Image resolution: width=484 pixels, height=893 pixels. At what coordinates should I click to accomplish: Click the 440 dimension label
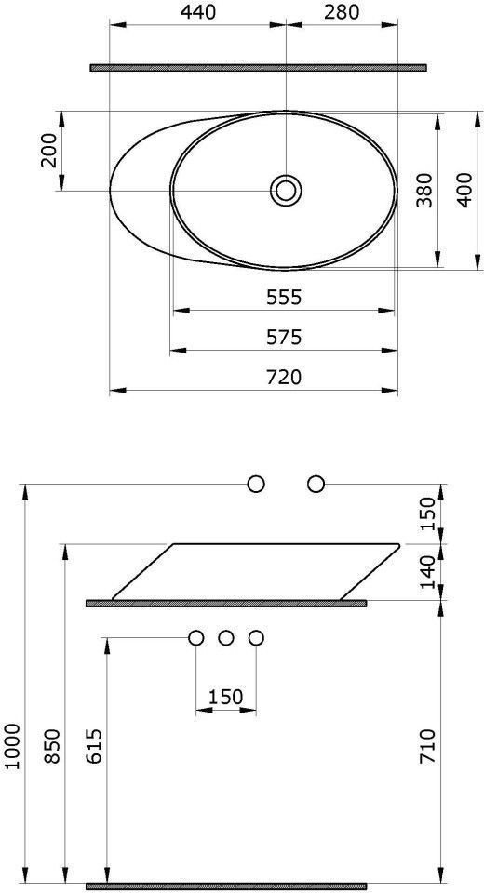tap(199, 12)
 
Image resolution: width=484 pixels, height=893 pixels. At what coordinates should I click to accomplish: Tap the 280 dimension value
tap(342, 12)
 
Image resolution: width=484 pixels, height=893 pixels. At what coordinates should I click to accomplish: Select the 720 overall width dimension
tap(283, 377)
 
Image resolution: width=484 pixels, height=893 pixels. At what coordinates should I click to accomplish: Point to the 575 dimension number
tap(283, 337)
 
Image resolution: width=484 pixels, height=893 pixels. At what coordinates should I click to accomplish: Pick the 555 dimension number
tap(283, 297)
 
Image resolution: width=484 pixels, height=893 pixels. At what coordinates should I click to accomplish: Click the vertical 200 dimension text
tap(48, 151)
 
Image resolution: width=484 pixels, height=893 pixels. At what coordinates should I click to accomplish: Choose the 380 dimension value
tap(423, 190)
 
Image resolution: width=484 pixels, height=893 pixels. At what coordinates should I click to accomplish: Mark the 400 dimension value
tap(464, 190)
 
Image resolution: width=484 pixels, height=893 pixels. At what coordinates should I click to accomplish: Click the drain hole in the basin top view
tap(286, 190)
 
